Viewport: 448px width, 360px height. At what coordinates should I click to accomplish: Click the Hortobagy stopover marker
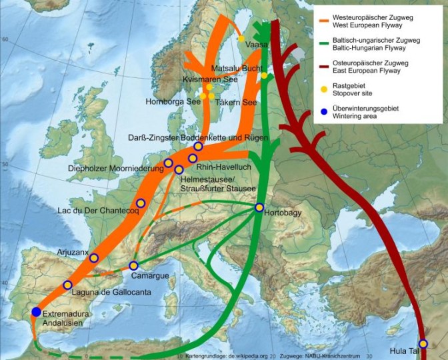coord(259,207)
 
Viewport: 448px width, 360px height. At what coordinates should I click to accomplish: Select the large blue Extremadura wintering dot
coord(36,312)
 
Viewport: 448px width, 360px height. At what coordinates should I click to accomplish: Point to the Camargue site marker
coord(133,265)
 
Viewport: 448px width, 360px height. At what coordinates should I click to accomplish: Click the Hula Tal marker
coord(423,344)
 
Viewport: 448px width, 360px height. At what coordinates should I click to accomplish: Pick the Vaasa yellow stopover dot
coord(241,39)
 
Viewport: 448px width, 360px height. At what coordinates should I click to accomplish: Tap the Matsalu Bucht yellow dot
coord(264,75)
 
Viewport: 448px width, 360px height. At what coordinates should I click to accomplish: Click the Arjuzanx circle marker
coord(94,258)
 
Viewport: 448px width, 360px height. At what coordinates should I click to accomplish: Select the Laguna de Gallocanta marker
coord(67,285)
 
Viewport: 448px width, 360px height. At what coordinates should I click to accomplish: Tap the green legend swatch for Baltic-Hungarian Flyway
coord(326,41)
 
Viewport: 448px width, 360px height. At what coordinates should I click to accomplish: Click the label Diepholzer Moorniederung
coord(116,169)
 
